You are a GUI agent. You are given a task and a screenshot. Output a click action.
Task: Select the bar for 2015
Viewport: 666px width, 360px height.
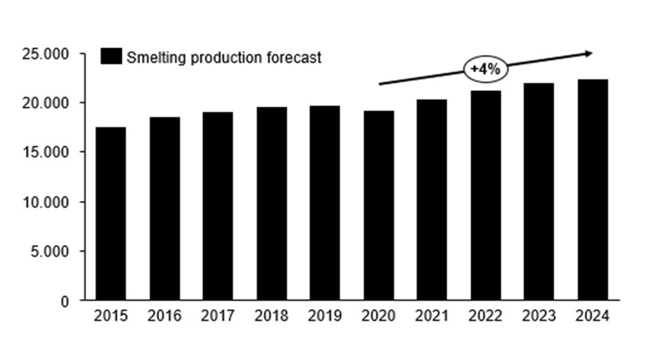pyautogui.click(x=110, y=213)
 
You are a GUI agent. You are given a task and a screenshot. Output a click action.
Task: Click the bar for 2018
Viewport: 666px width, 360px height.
pyautogui.click(x=271, y=203)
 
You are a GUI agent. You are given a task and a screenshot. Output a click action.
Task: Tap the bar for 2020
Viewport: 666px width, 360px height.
pyautogui.click(x=379, y=205)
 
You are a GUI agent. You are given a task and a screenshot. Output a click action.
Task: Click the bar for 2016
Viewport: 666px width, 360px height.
pyautogui.click(x=164, y=209)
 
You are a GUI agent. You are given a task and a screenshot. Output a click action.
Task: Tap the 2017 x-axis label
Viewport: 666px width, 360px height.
pyautogui.click(x=218, y=317)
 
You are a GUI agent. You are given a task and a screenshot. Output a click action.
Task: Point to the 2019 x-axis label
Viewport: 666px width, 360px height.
pyautogui.click(x=325, y=317)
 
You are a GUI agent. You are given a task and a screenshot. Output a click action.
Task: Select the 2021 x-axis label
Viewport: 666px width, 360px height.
pyautogui.click(x=432, y=317)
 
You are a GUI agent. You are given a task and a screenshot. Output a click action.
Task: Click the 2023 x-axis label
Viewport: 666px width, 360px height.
pyautogui.click(x=539, y=317)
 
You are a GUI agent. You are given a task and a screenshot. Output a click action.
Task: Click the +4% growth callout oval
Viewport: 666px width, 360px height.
pyautogui.click(x=485, y=69)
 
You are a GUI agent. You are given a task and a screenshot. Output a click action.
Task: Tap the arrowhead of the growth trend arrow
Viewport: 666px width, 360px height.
pyautogui.click(x=589, y=53)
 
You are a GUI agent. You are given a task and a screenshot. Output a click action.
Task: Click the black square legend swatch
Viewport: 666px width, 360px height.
pyautogui.click(x=110, y=56)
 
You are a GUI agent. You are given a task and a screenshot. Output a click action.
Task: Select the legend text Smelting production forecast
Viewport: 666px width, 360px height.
pyautogui.click(x=224, y=57)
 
